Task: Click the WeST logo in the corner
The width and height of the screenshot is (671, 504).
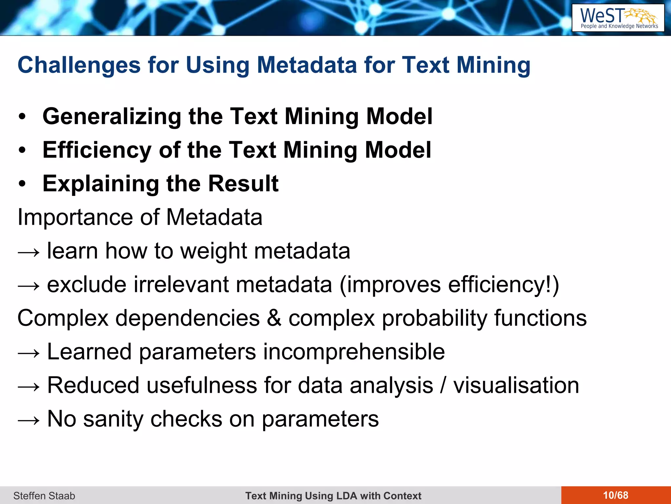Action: click(618, 18)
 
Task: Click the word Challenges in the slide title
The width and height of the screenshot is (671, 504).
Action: click(79, 65)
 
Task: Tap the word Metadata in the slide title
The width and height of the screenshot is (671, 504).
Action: click(307, 65)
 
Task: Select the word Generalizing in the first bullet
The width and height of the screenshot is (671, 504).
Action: click(112, 116)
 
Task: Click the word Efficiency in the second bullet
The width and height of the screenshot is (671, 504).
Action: click(97, 150)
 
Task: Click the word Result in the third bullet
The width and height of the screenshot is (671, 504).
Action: click(243, 183)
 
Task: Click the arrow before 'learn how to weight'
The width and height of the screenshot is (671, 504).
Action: click(29, 252)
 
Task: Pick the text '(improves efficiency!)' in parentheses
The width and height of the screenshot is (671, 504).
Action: click(449, 284)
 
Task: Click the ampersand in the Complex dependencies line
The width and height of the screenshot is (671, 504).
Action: click(274, 318)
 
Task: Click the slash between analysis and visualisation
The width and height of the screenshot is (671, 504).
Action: click(443, 385)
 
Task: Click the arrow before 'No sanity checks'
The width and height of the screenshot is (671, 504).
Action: click(29, 420)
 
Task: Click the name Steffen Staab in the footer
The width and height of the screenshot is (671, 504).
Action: click(44, 495)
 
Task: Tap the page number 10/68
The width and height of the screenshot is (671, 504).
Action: click(616, 495)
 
